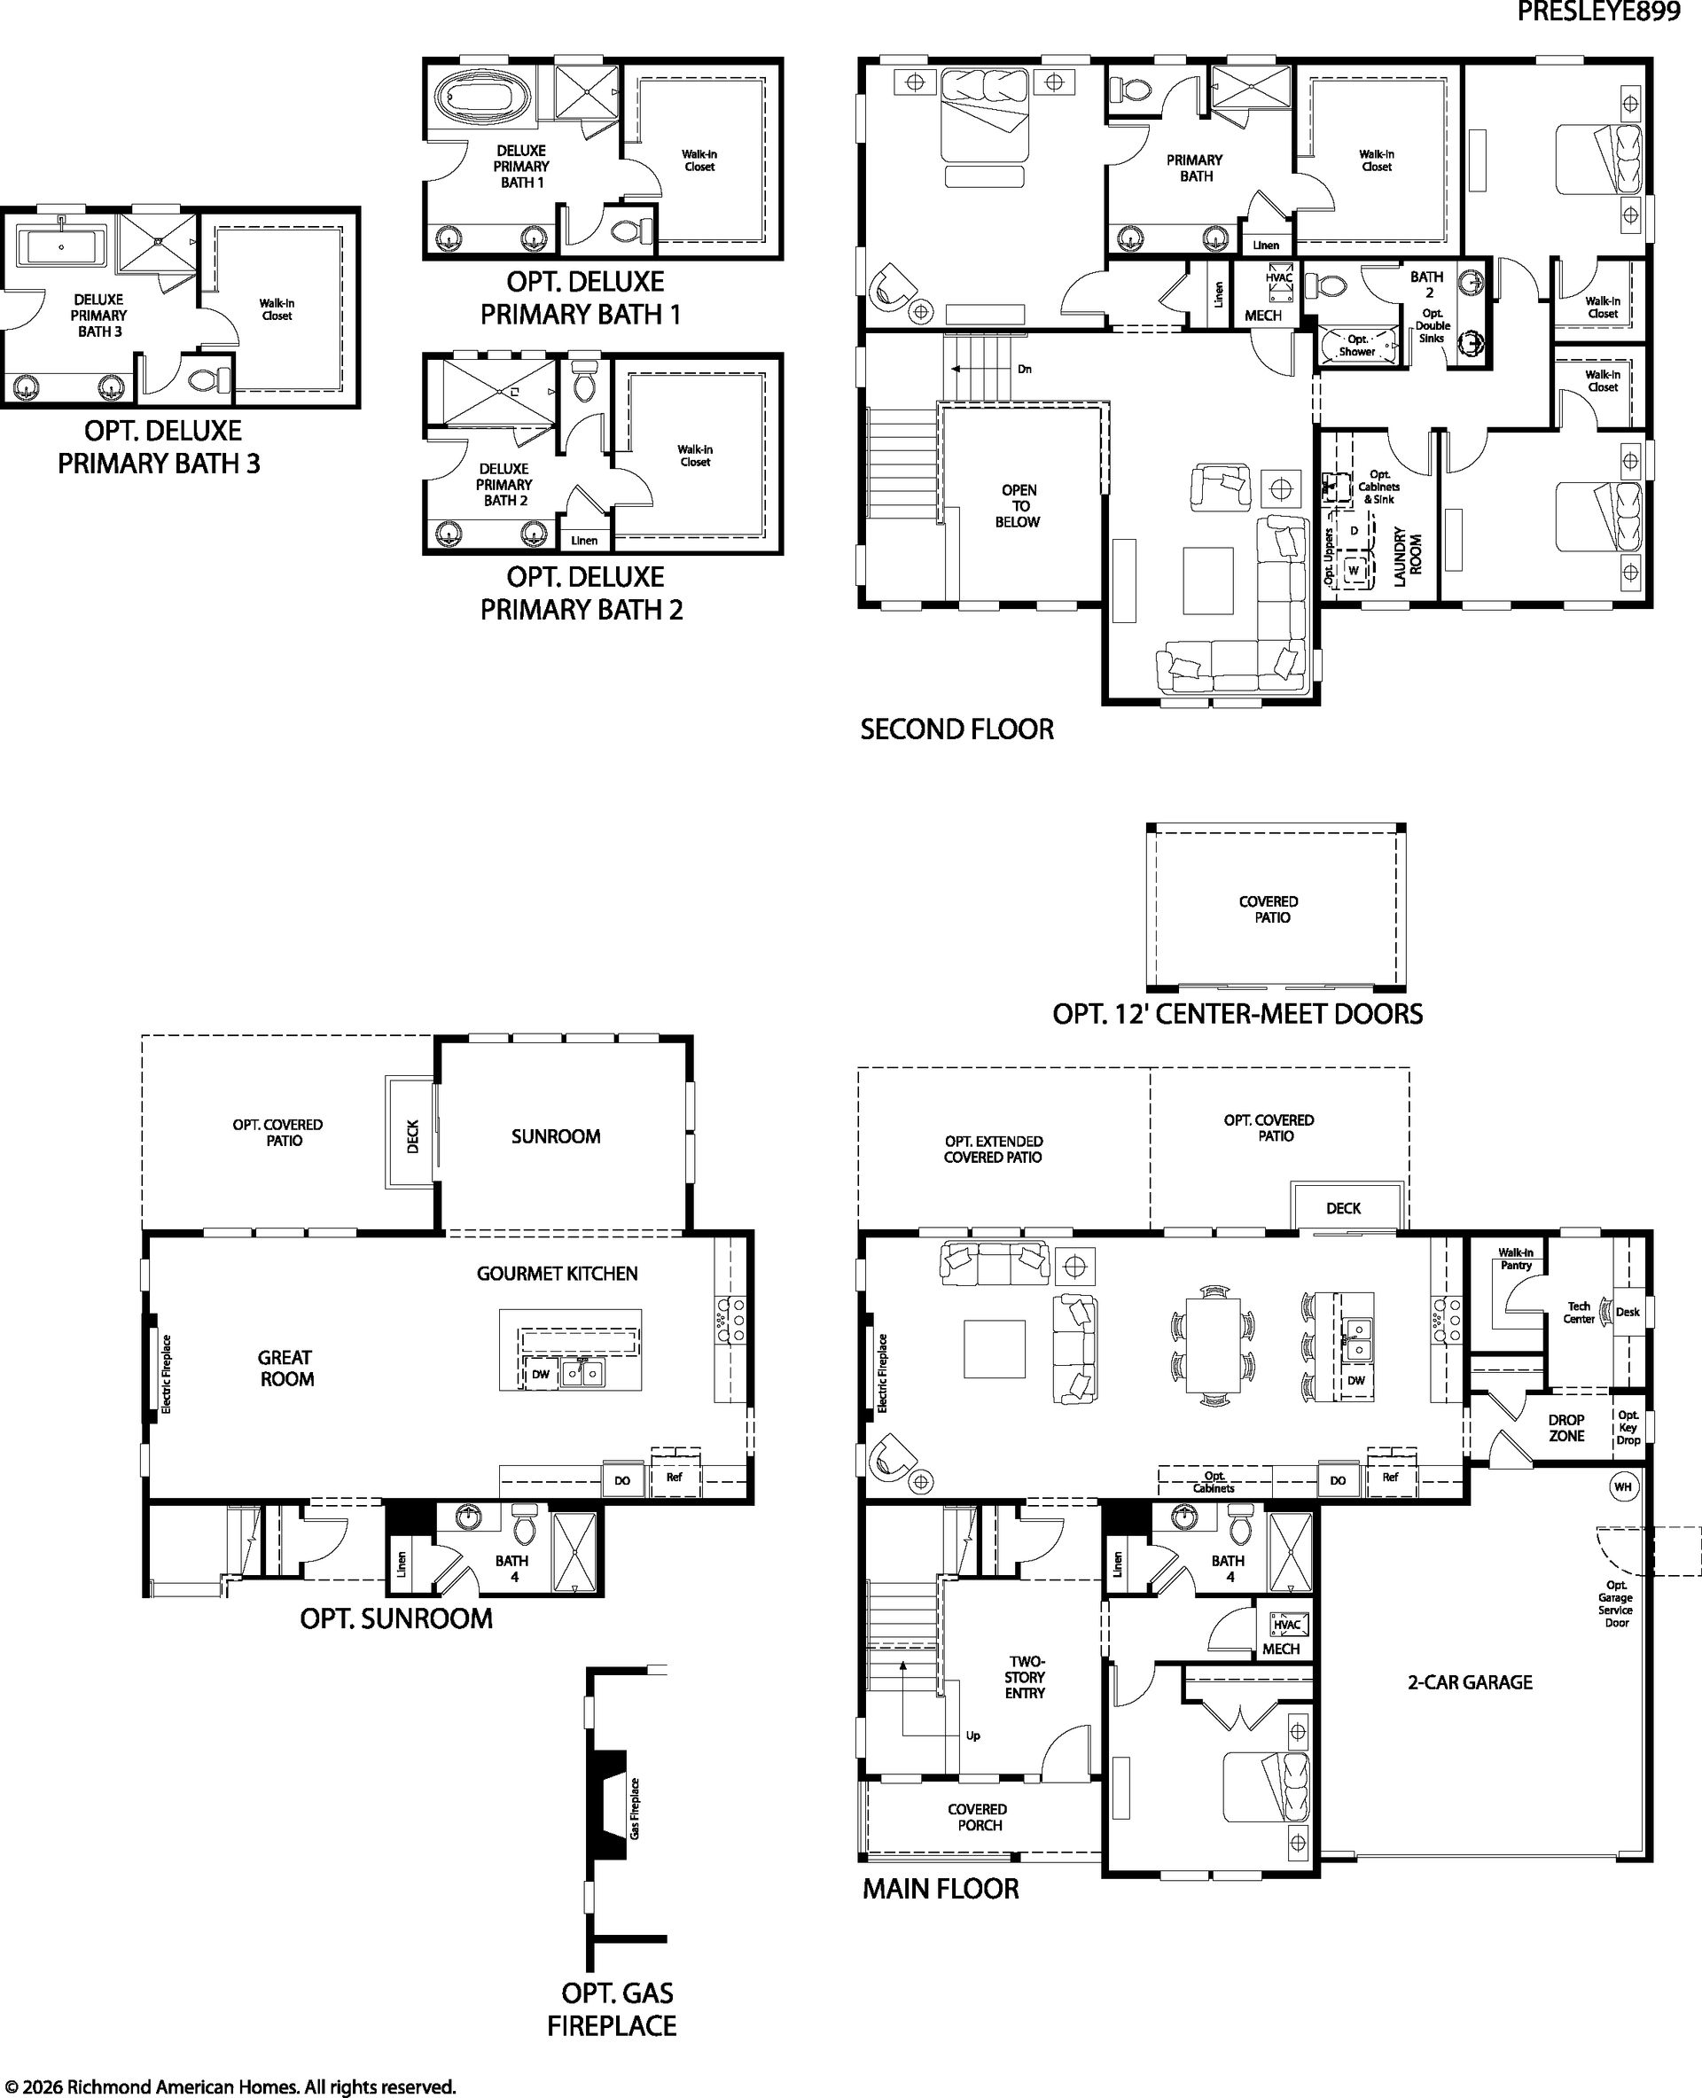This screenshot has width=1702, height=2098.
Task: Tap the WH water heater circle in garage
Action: click(1622, 1487)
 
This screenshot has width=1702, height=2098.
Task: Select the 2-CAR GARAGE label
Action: click(1470, 1682)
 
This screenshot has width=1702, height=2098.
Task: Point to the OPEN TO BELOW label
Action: click(1019, 506)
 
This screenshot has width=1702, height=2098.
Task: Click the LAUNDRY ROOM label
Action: click(1407, 557)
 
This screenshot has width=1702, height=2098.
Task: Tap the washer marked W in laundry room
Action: click(1354, 570)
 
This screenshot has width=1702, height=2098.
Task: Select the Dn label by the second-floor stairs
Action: click(1025, 370)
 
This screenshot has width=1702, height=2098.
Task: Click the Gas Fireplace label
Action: click(636, 1809)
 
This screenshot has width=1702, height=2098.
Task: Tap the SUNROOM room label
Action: click(556, 1136)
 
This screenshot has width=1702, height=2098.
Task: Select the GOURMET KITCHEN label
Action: click(557, 1274)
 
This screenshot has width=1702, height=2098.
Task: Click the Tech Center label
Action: click(1579, 1313)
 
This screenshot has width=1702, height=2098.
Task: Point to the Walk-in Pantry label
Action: click(1516, 1259)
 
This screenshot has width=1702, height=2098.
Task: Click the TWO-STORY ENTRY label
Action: click(1026, 1677)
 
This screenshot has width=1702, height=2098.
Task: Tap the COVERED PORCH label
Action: click(978, 1817)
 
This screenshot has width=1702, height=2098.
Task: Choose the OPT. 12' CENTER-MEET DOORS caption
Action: click(1237, 1014)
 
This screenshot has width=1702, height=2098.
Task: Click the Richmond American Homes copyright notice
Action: click(230, 2086)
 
